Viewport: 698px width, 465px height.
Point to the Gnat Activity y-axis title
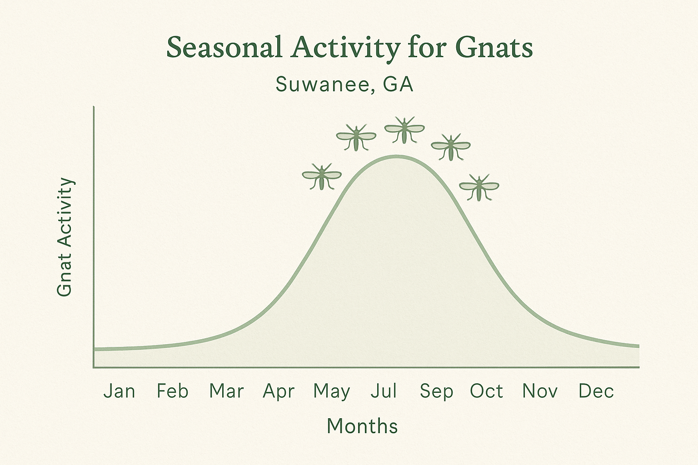(65, 237)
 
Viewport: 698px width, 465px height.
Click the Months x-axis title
(362, 426)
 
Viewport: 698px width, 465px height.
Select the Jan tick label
(119, 391)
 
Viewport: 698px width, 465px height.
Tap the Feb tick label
(172, 391)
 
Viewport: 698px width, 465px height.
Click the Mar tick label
(226, 391)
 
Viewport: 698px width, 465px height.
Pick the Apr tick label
(279, 391)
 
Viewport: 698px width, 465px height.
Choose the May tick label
(332, 391)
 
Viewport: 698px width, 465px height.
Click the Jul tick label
(384, 391)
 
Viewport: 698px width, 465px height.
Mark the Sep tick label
(436, 391)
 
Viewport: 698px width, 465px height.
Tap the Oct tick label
(486, 391)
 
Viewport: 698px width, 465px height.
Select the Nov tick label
(540, 391)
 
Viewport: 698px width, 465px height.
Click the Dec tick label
(596, 391)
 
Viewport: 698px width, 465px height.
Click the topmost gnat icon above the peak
(404, 130)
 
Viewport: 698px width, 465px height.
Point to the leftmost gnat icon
(322, 177)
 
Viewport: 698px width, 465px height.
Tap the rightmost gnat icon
(479, 187)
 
